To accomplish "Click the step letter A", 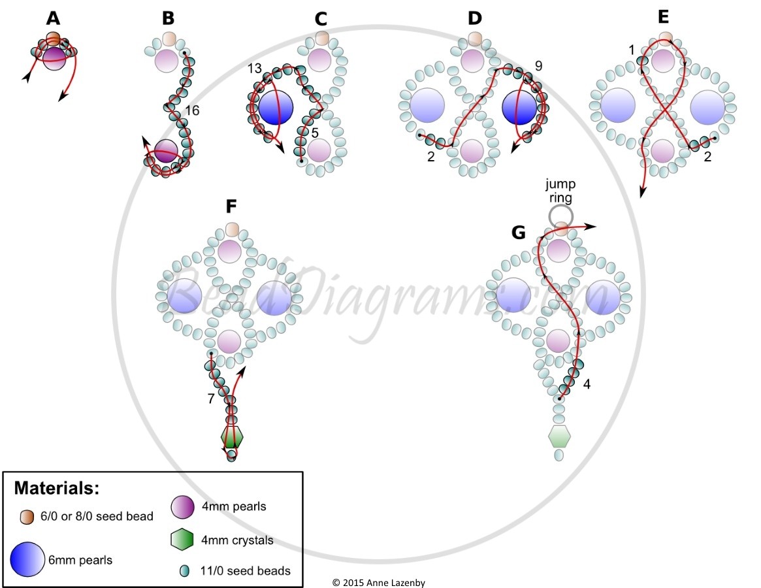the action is (54, 18).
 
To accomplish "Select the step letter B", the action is (168, 18).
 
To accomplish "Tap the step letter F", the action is (231, 206).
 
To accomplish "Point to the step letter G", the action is (519, 233).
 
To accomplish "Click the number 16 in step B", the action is (192, 110).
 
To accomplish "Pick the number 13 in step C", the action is (254, 69).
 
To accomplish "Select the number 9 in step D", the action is (538, 65).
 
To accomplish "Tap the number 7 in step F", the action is (210, 399).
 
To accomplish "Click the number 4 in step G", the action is (587, 385).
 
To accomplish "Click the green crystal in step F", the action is (231, 437).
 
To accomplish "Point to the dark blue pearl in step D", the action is (519, 107).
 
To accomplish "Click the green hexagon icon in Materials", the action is (182, 540).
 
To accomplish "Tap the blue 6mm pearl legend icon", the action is (27, 559).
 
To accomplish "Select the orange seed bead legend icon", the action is (27, 517).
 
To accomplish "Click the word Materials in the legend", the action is (57, 487).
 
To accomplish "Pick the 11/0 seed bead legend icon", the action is (184, 570).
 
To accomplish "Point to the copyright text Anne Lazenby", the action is (396, 583).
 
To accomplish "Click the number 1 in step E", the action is (632, 50).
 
